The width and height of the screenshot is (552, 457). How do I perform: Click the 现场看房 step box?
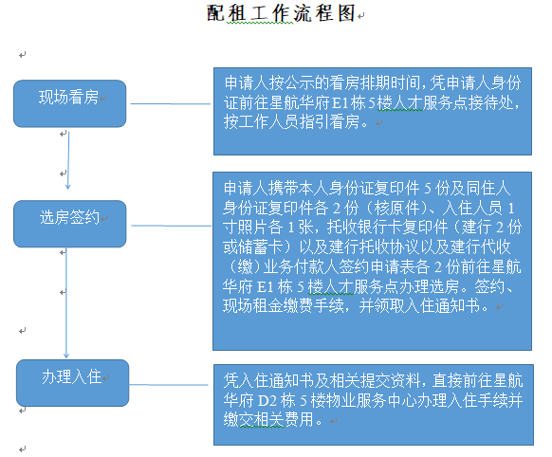tap(68, 98)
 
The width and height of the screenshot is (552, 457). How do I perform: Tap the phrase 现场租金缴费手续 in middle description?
tap(285, 307)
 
